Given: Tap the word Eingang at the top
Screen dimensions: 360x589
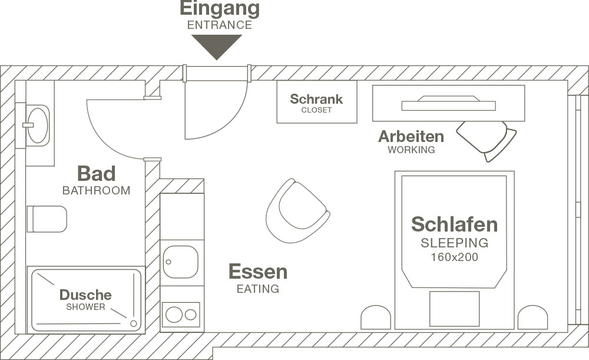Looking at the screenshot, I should click(x=219, y=9).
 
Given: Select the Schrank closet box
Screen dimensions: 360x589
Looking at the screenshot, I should click(x=317, y=102).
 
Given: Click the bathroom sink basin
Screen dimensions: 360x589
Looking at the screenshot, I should click(x=38, y=124).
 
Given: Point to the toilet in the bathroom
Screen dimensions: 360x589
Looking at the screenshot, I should click(x=47, y=219).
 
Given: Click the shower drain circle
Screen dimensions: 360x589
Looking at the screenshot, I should click(x=134, y=323).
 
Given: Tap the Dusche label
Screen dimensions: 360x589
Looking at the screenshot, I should click(x=85, y=295).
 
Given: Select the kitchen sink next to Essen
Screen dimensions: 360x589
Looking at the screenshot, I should click(x=180, y=262).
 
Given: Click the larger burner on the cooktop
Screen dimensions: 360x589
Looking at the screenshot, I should click(x=174, y=315).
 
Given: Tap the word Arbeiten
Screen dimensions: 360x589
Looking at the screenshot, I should click(x=411, y=137).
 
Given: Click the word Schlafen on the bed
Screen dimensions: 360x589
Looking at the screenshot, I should click(x=454, y=224).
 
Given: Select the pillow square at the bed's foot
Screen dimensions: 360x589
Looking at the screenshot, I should click(x=454, y=308).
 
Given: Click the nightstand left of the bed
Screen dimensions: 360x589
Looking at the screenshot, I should click(x=376, y=318).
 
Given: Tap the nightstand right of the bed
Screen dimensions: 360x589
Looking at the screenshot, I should click(x=532, y=318).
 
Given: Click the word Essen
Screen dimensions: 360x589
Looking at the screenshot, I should click(x=258, y=272).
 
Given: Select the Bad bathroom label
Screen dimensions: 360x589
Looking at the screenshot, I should click(x=96, y=174).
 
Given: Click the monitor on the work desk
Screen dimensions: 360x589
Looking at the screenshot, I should click(x=448, y=104).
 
